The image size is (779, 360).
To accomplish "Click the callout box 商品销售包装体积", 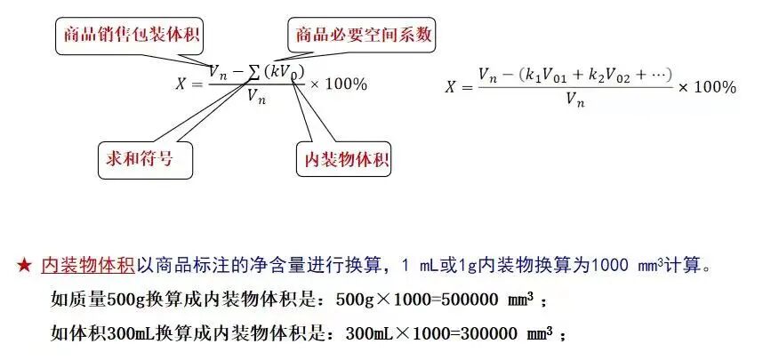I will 129,36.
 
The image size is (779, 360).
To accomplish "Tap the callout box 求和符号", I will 134,160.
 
